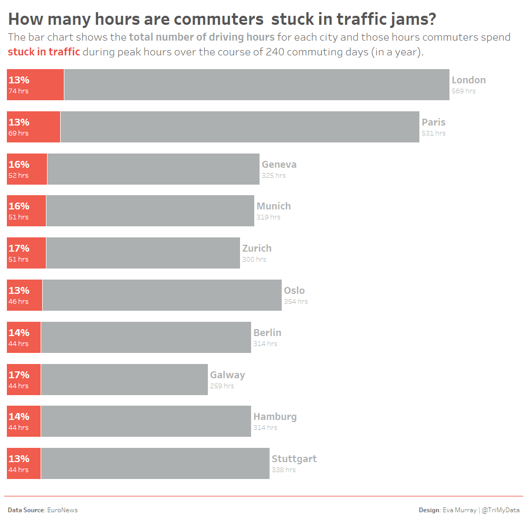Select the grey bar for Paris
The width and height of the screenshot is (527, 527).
coord(240,127)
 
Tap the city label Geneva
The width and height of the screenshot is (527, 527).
coord(279,164)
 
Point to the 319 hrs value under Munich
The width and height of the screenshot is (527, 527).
coord(268,217)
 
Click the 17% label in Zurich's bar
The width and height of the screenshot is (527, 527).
coord(18,248)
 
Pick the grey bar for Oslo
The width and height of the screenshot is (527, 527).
coord(162,295)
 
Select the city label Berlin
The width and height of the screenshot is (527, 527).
coord(267,332)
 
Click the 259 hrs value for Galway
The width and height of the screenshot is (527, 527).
coord(222,386)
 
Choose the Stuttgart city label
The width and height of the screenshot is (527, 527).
coord(294,458)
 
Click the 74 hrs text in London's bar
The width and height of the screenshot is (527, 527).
coord(18,91)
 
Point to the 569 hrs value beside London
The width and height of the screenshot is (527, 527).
coord(463,91)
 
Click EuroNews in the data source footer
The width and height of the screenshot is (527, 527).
coord(62,510)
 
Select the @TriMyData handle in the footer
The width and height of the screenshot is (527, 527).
coord(501,510)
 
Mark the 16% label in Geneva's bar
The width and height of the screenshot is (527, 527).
coord(18,164)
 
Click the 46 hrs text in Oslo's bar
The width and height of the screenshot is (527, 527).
coord(18,302)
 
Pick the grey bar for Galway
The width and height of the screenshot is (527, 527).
coord(124,379)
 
